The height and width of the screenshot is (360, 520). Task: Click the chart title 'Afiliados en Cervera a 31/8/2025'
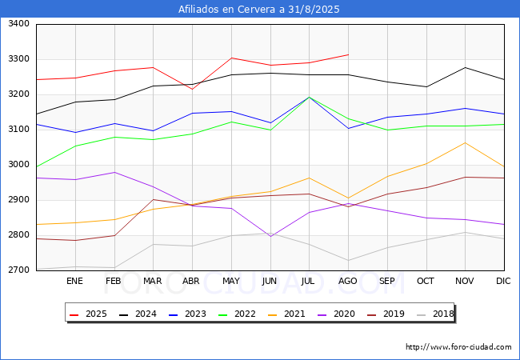[259, 9]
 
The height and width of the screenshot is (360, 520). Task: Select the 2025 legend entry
[88, 314]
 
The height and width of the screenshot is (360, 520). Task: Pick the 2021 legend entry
[286, 314]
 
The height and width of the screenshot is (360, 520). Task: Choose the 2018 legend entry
[434, 314]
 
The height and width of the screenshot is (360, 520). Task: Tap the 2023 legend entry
[187, 314]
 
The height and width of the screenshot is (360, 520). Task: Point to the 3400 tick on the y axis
[18, 24]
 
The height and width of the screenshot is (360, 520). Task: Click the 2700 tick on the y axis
[18, 270]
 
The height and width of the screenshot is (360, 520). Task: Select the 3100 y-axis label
[18, 130]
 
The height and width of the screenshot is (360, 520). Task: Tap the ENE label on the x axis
[74, 281]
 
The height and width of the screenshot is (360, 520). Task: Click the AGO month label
[347, 281]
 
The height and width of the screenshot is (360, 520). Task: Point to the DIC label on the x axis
[503, 281]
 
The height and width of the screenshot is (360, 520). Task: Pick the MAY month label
[231, 281]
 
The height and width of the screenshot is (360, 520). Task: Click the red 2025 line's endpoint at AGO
[348, 54]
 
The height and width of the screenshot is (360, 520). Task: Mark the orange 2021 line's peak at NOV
[466, 143]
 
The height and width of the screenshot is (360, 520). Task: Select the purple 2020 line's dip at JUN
[270, 236]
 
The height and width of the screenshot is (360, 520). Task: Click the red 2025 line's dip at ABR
[192, 89]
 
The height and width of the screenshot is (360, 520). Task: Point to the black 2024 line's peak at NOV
[466, 68]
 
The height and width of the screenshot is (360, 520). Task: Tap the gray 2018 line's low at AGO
[348, 261]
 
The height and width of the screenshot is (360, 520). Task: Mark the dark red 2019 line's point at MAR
[154, 199]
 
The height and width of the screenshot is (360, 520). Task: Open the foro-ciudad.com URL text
[458, 347]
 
